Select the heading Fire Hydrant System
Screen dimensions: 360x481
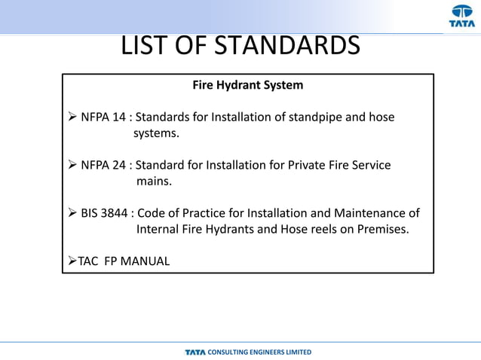point(248,85)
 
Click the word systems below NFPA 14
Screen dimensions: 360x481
point(157,134)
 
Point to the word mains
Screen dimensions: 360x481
point(155,182)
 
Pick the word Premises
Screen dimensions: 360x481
point(384,230)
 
